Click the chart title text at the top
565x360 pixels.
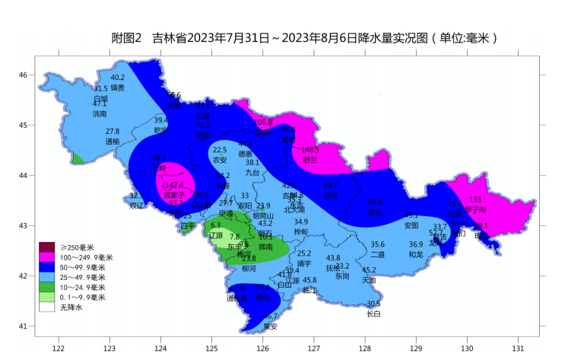click(304, 38)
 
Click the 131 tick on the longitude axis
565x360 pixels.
click(518, 349)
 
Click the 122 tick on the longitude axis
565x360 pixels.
click(58, 349)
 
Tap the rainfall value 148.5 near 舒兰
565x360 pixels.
click(310, 150)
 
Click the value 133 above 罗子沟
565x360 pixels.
click(475, 199)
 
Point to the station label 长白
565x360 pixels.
click(373, 314)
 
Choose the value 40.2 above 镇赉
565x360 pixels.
click(117, 78)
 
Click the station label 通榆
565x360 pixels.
click(112, 141)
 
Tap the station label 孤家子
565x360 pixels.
click(174, 195)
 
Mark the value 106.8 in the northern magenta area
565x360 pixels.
click(263, 122)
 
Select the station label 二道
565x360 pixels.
click(378, 254)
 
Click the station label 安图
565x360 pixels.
click(411, 225)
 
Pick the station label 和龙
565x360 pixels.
click(416, 254)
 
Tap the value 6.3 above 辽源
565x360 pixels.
click(215, 225)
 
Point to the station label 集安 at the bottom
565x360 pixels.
click(270, 326)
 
